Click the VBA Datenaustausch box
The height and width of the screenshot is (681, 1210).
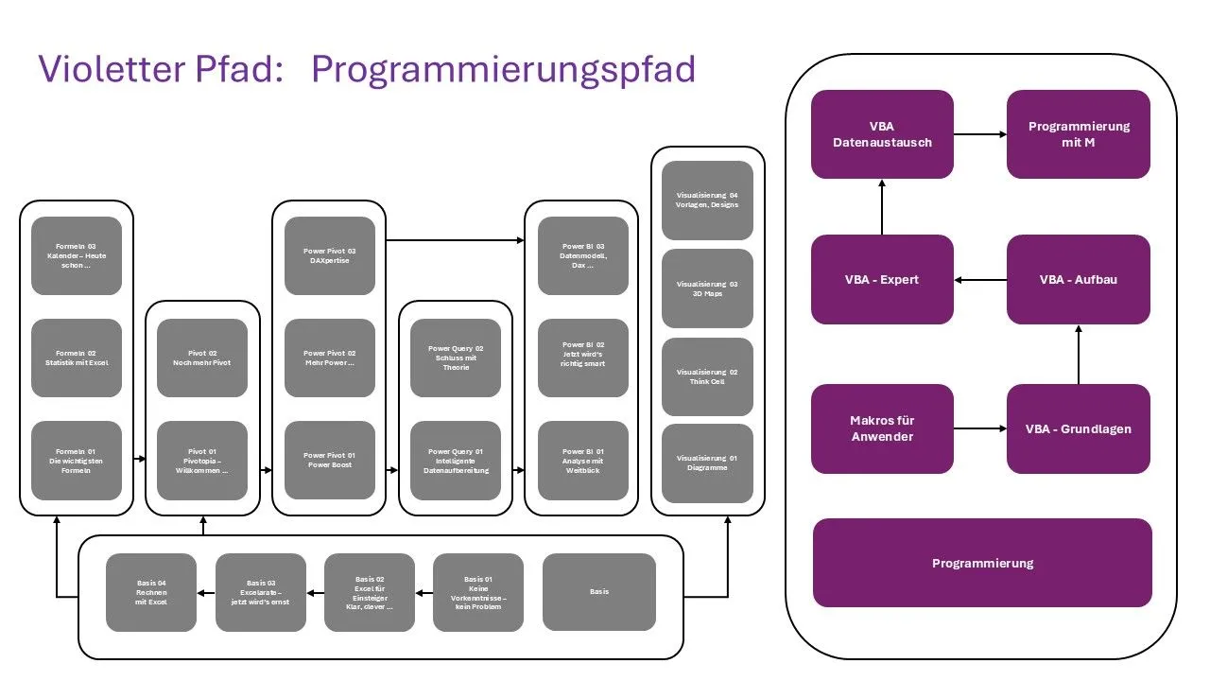(882, 134)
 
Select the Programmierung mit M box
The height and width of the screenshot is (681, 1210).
(1078, 134)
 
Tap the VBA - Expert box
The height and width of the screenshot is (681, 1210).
(882, 279)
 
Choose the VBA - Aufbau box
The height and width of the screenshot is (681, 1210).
(1078, 279)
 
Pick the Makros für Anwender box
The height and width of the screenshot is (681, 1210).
(882, 428)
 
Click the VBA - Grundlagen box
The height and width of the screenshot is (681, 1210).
(1078, 428)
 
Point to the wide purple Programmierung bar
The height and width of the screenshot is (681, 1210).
(982, 563)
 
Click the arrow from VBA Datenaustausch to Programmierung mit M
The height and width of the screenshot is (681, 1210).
(980, 134)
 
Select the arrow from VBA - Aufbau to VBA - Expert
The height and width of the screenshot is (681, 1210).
(980, 280)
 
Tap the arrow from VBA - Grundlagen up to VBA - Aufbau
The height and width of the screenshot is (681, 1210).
(1078, 354)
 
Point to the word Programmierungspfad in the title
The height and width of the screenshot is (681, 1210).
(503, 69)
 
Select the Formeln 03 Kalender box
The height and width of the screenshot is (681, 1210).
(77, 255)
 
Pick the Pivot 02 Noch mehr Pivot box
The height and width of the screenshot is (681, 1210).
(202, 358)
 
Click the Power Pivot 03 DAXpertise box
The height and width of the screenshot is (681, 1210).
(329, 255)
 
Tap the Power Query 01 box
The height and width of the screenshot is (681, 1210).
(456, 461)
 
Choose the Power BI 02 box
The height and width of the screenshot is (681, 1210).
(582, 358)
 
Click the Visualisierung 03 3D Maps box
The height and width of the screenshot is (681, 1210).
(707, 288)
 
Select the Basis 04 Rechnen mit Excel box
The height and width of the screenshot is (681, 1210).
(150, 592)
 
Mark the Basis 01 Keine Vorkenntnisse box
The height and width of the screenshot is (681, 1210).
(478, 592)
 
